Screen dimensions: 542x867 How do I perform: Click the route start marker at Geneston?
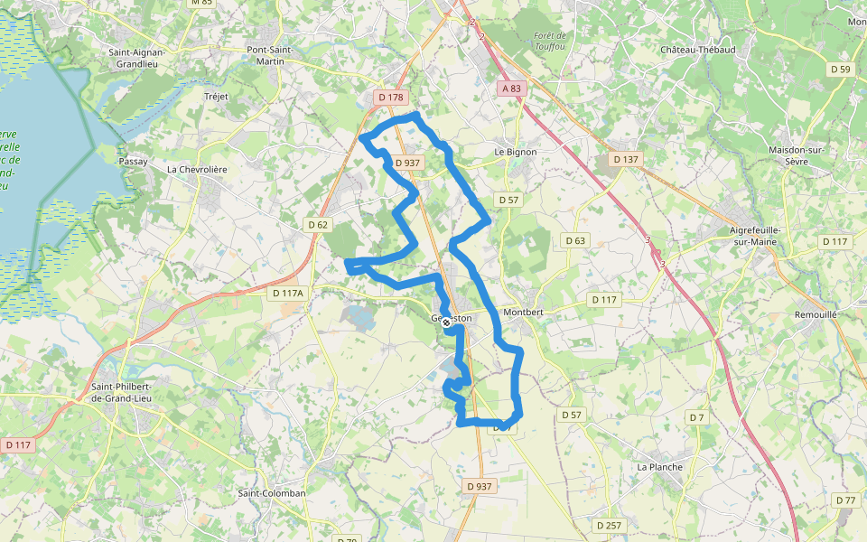(x=446, y=322)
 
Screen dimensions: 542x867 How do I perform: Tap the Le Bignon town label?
(x=516, y=152)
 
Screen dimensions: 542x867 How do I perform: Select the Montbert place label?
(x=523, y=312)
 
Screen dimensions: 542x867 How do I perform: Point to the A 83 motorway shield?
(x=510, y=88)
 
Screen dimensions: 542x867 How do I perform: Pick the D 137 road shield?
(x=625, y=159)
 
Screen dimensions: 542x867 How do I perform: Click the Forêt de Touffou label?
(x=549, y=41)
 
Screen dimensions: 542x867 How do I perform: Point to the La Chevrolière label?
(x=197, y=169)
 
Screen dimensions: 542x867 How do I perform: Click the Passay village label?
(x=133, y=161)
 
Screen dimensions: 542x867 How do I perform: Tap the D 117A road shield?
(x=290, y=293)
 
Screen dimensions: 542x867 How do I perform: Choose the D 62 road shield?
(x=318, y=224)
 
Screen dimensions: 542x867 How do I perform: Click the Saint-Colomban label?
(x=272, y=493)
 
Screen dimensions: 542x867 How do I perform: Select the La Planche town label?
(x=659, y=467)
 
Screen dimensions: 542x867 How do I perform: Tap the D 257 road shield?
(x=610, y=525)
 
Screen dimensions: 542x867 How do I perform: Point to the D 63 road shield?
(x=575, y=240)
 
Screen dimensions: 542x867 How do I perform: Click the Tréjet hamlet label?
(x=217, y=96)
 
